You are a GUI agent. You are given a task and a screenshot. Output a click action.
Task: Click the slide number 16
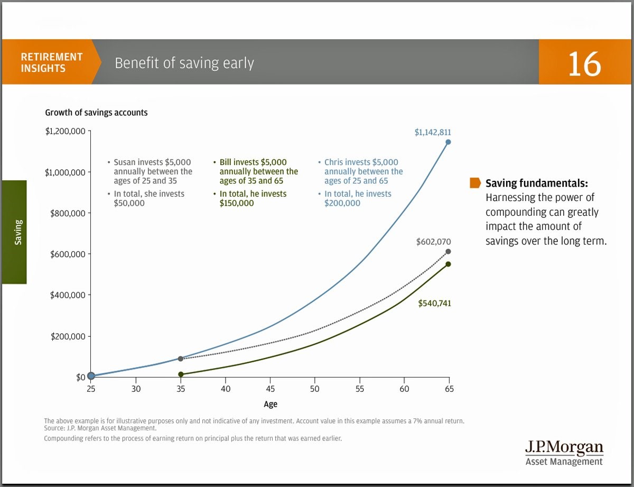584,64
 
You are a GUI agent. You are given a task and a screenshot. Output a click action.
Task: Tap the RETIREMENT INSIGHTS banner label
51,62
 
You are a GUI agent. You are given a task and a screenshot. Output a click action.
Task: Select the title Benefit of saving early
184,63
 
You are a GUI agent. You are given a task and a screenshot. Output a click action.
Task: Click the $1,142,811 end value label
433,132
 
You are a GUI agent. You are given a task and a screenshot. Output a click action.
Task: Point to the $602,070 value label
433,242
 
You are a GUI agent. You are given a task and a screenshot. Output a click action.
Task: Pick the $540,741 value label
434,304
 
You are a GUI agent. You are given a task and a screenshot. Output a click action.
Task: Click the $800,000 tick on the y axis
68,213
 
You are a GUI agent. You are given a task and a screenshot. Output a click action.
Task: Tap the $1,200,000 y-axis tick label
65,131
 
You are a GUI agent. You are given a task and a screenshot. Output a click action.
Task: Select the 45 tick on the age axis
270,389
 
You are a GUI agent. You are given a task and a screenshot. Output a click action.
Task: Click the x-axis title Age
271,404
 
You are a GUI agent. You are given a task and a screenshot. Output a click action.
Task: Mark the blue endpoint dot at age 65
448,142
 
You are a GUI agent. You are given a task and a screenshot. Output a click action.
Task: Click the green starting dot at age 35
181,374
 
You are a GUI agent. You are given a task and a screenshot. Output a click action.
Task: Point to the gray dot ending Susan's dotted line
448,251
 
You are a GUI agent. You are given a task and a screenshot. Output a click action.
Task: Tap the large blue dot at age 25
91,375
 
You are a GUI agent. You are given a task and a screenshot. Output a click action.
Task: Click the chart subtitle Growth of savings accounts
96,113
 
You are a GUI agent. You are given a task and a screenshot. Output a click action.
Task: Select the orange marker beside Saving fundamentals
475,183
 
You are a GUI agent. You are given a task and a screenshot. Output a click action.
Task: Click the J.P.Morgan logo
564,453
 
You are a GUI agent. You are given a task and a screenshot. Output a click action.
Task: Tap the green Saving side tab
15,232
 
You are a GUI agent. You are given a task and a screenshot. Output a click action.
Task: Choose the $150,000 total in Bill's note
236,203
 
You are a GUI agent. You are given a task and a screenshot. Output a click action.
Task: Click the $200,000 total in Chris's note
342,203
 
